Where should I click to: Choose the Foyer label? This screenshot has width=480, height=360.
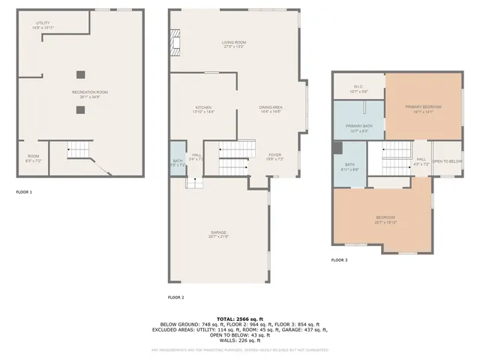click(x=275, y=157)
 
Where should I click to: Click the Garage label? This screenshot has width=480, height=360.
click(x=218, y=234)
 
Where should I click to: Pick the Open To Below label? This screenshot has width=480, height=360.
click(x=447, y=161)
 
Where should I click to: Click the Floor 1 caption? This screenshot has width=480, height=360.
click(x=24, y=192)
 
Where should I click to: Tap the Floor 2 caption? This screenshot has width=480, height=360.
click(x=175, y=298)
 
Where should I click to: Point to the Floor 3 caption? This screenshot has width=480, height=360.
click(x=340, y=260)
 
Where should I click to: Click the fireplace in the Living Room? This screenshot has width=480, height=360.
click(x=175, y=43)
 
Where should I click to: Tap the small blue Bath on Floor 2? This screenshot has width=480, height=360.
click(x=178, y=163)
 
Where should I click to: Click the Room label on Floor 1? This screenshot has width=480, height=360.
click(x=34, y=157)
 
